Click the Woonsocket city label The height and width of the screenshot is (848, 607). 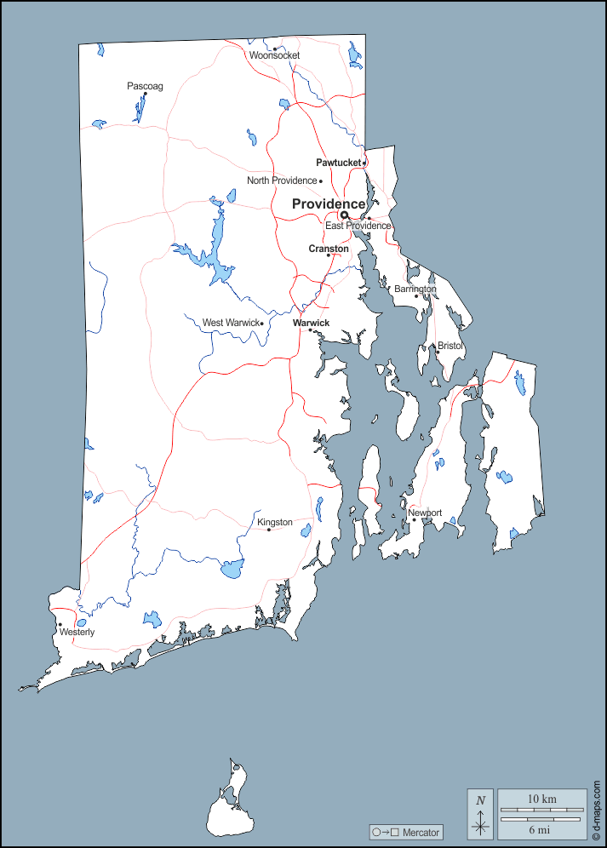(274, 55)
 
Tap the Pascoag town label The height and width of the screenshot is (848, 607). (145, 85)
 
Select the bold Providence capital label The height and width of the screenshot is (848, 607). (329, 203)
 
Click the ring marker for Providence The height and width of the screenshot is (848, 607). (345, 215)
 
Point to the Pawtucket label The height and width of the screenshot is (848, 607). (338, 162)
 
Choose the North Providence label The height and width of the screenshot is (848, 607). (281, 180)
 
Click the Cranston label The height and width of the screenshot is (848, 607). (328, 249)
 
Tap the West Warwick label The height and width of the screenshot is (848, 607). (230, 323)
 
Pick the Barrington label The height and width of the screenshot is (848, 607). (415, 289)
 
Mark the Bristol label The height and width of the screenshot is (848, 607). (449, 346)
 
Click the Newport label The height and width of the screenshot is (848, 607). (425, 513)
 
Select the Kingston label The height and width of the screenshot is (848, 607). (274, 522)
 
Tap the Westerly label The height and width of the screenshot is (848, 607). (77, 633)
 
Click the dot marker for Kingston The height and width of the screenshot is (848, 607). (269, 530)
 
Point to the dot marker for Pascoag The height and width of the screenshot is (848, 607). (145, 95)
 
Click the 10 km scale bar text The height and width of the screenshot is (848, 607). (541, 799)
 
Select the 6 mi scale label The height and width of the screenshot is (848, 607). (541, 828)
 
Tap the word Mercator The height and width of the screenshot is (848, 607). (421, 832)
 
